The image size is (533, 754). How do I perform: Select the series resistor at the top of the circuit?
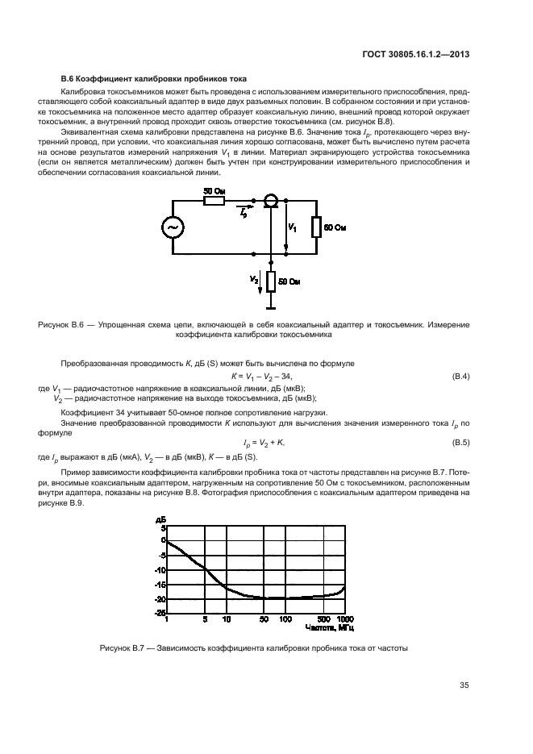coord(214,199)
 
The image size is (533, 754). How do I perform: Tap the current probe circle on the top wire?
coord(272,199)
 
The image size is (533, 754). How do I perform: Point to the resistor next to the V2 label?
coord(272,281)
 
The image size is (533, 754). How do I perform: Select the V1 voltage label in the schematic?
coord(293,229)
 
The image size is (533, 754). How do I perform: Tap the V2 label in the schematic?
coord(255,279)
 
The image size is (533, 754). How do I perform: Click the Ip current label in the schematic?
coord(243,211)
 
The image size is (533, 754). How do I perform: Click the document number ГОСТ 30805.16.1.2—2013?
coord(417,55)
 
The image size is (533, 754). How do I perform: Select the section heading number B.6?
coord(69,78)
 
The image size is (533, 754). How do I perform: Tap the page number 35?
coord(464,685)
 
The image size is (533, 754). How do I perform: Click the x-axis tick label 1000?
coord(345,619)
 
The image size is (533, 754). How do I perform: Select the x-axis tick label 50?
coord(264,619)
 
